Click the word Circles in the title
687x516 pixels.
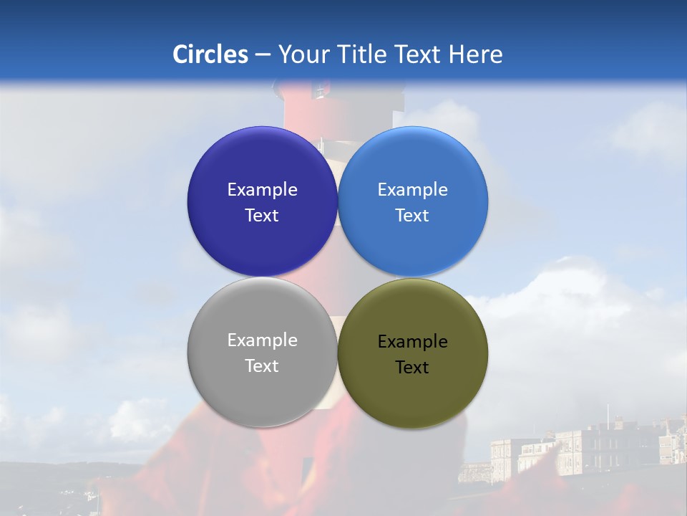click(x=210, y=54)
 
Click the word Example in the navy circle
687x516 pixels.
click(x=262, y=190)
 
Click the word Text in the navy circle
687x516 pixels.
click(x=262, y=216)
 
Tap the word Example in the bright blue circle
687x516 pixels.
click(x=413, y=190)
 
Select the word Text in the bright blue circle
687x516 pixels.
click(x=413, y=216)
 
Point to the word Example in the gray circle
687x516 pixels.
click(x=262, y=340)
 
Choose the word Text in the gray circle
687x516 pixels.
click(x=262, y=366)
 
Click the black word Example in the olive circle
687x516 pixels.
click(x=413, y=342)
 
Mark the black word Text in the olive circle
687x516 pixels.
click(x=413, y=368)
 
